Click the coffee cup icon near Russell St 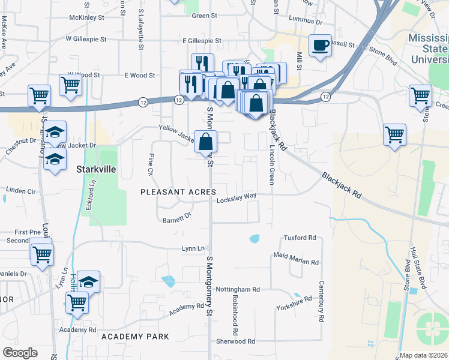[320, 45]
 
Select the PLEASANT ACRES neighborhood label [178, 191]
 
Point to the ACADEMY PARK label [135, 337]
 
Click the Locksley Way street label [237, 196]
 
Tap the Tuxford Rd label [300, 238]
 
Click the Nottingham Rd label [238, 289]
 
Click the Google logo [20, 352]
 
